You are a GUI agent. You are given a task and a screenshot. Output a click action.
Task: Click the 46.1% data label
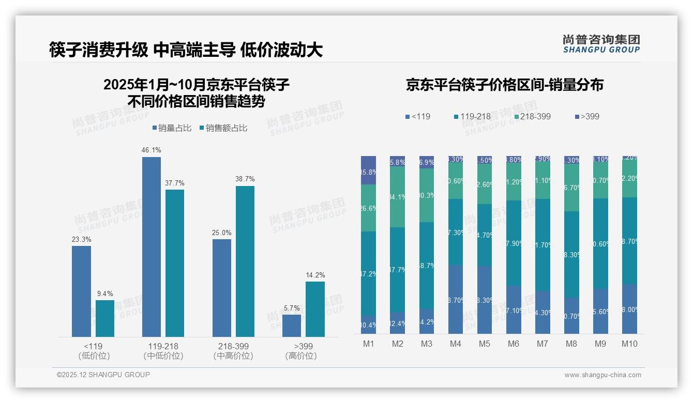click(x=151, y=150)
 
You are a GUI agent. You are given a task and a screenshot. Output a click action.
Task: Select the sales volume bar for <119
click(x=81, y=291)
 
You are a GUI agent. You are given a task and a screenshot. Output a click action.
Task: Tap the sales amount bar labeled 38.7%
click(x=245, y=261)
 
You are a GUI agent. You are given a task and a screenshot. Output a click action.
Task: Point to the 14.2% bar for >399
click(x=315, y=309)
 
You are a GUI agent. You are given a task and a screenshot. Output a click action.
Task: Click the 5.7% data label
click(x=292, y=308)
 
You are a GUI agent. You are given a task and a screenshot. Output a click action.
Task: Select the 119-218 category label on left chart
click(x=163, y=346)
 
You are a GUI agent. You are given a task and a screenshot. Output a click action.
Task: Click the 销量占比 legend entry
click(x=173, y=128)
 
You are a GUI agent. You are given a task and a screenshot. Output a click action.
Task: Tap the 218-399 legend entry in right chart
click(x=532, y=116)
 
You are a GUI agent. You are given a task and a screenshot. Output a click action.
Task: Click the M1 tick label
click(x=368, y=344)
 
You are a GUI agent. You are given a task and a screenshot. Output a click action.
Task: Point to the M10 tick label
click(x=629, y=344)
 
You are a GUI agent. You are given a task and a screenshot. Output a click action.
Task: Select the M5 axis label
click(x=484, y=344)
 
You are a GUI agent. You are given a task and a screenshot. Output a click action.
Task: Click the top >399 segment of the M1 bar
click(x=368, y=170)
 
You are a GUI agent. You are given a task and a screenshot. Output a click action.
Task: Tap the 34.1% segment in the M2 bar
click(x=397, y=197)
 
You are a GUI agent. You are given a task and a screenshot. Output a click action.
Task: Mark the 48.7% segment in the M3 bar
click(x=426, y=266)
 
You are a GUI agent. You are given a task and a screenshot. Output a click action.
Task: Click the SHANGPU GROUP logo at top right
click(x=601, y=44)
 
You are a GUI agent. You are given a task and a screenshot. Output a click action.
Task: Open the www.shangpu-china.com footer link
click(x=602, y=375)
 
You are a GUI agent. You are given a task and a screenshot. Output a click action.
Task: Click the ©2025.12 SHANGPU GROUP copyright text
click(x=103, y=375)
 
